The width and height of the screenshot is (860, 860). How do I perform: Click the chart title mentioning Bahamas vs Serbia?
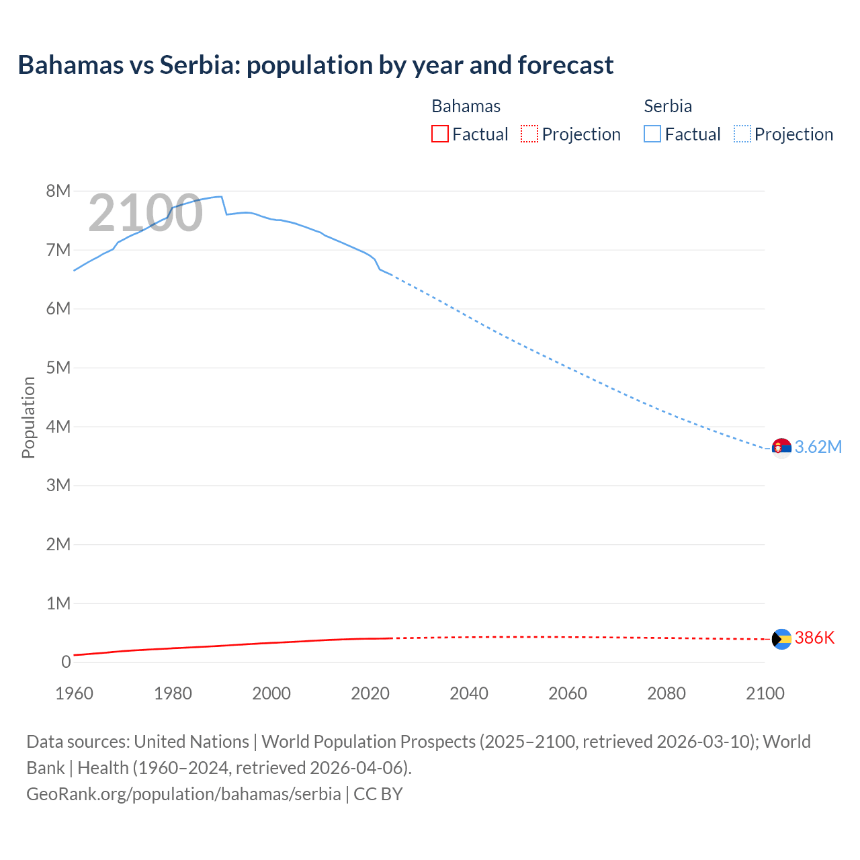coord(315,65)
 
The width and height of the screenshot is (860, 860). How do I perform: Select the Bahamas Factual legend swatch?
coord(439,134)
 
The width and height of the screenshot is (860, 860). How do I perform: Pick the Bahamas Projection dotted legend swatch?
coord(529,134)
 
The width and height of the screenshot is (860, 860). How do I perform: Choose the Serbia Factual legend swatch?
coord(652,134)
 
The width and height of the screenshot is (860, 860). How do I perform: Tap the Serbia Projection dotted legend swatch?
coord(742,134)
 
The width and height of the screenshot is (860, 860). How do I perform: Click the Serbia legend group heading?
coord(667,106)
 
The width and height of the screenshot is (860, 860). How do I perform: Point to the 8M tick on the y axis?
coord(58,191)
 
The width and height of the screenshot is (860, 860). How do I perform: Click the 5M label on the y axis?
coord(58,368)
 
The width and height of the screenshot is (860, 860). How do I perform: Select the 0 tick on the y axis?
coord(66,662)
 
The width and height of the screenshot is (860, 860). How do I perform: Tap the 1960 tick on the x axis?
coord(74,693)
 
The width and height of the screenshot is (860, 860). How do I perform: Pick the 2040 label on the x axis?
coord(469,693)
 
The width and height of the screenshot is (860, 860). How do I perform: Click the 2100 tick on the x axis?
coord(765,693)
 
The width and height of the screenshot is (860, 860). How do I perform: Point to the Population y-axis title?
coord(28,417)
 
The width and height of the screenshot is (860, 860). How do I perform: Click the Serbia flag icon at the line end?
coord(781,447)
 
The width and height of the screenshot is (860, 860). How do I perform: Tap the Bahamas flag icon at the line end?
coord(781,639)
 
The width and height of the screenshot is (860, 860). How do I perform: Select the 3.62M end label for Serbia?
coord(818,447)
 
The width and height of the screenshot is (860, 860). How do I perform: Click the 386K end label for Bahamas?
coord(814,638)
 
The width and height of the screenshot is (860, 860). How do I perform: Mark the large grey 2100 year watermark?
coord(145,213)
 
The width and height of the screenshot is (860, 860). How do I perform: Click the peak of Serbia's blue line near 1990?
coord(220,197)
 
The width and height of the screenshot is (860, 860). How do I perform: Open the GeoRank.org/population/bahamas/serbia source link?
coord(183,793)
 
